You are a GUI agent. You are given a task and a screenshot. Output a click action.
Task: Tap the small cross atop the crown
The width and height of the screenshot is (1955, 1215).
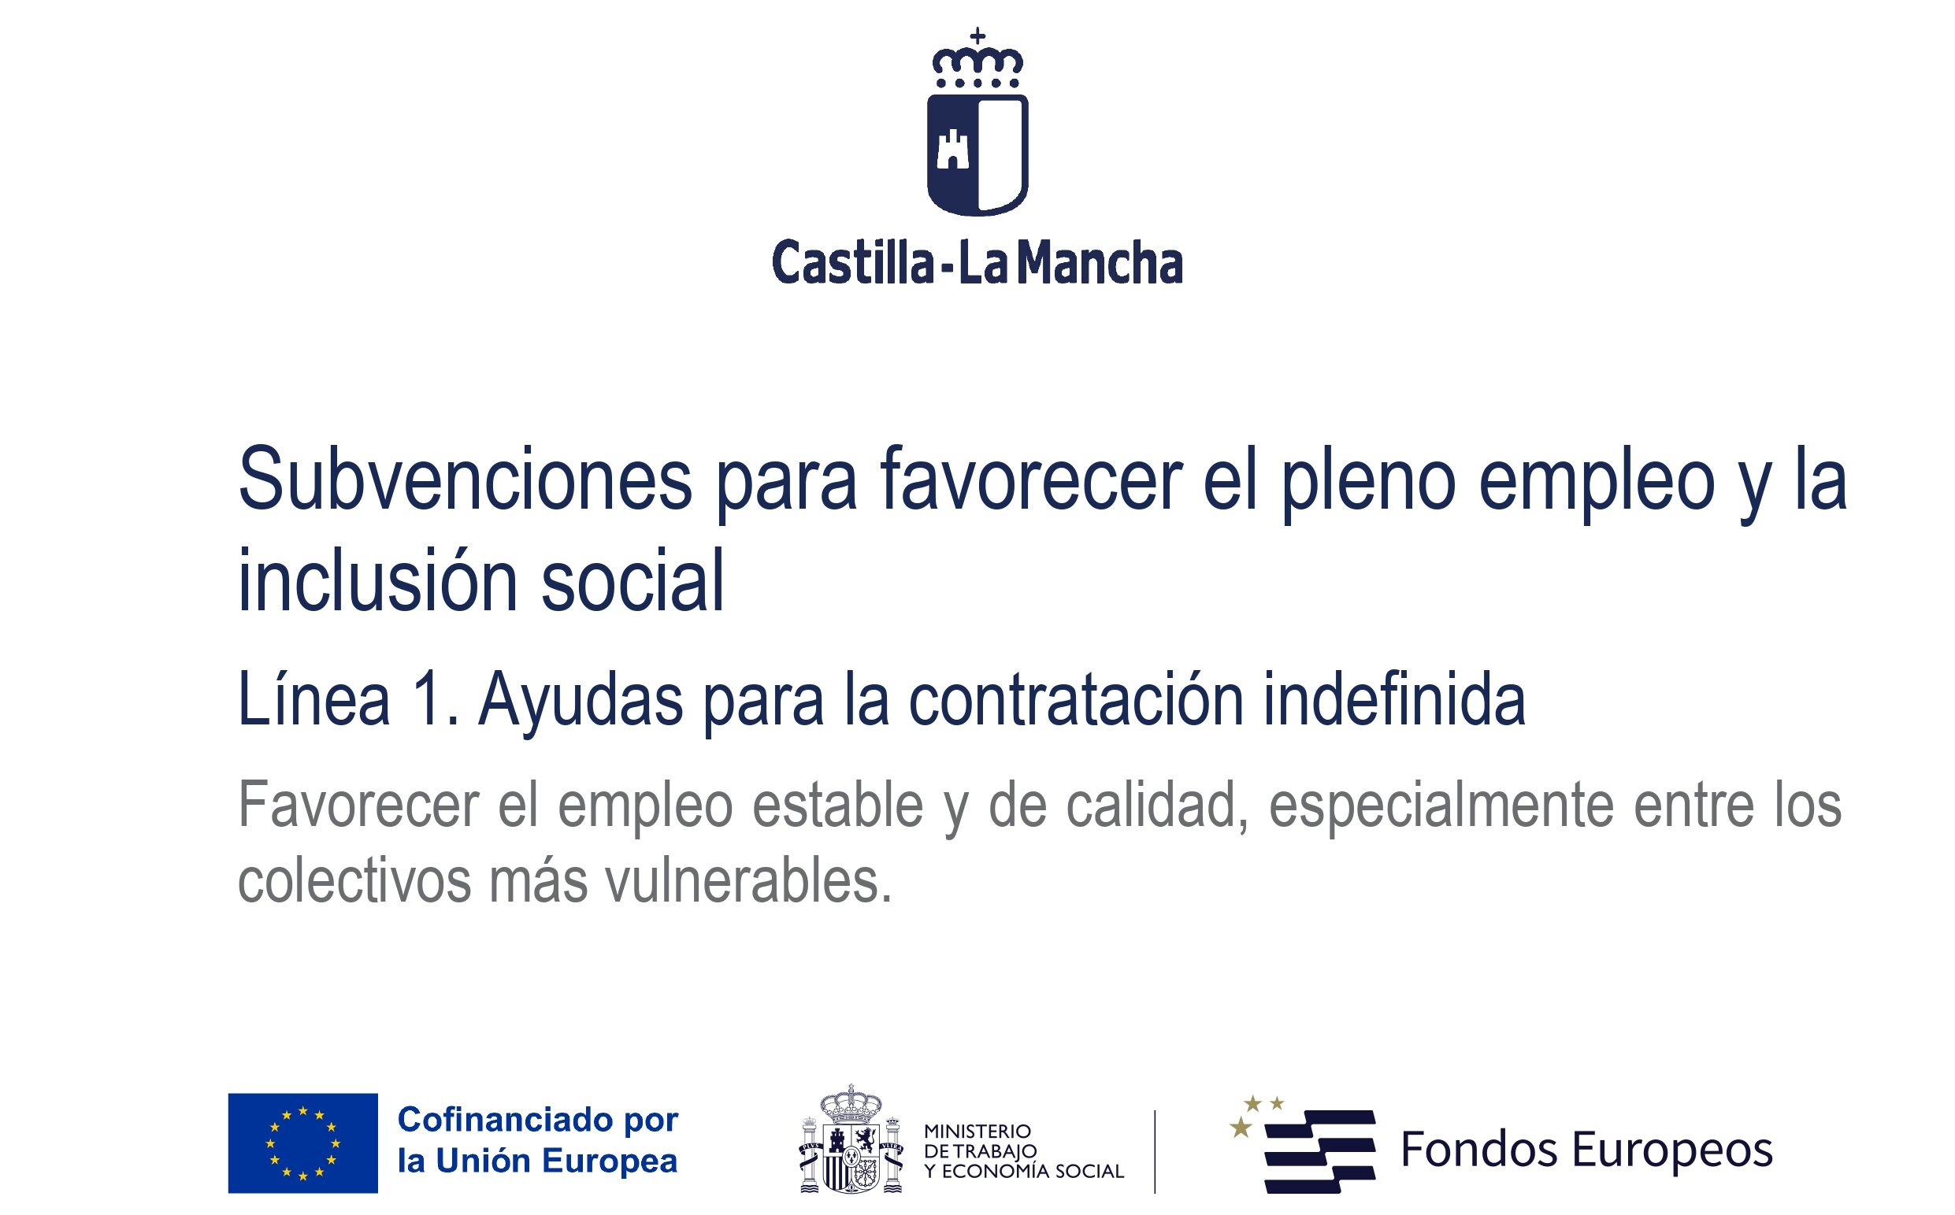click(977, 35)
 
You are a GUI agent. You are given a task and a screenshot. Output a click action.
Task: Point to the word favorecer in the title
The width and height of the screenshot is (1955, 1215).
click(1030, 480)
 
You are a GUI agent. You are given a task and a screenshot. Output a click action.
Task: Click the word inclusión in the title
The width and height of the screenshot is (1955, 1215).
click(378, 580)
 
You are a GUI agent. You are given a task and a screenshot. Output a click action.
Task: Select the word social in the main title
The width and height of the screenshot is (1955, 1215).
click(632, 580)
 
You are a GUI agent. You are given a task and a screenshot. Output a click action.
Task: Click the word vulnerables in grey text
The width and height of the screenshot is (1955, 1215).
click(748, 880)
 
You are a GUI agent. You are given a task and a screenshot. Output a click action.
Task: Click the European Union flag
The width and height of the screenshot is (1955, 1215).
click(303, 1143)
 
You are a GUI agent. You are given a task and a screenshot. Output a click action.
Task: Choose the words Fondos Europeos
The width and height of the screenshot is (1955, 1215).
click(1587, 1149)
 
